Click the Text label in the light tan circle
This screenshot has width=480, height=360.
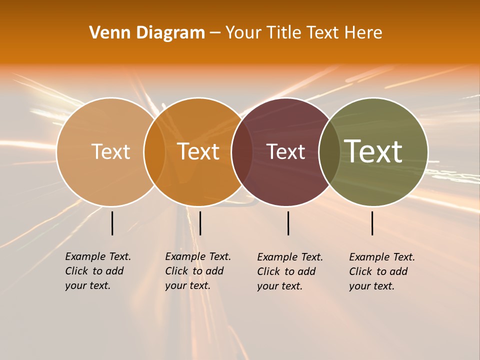coord(110,151)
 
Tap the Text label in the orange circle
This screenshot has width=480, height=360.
coord(198,151)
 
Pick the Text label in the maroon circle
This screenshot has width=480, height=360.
coord(285,151)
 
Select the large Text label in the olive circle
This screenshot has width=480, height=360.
coord(373,151)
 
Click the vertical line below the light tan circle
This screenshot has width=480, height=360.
coord(112,223)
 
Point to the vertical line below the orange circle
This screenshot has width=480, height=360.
coord(200,223)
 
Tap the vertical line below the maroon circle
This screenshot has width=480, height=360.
coord(288,223)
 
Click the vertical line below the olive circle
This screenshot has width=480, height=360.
coord(372,223)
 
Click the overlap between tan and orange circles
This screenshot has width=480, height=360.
coord(154,152)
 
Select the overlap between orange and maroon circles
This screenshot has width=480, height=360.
coord(242,152)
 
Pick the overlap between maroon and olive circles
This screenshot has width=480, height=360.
coord(329,152)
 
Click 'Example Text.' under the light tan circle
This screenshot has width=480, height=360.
coord(98,256)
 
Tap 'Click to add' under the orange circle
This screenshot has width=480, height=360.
coord(194,271)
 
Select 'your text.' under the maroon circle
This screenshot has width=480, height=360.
coord(279,286)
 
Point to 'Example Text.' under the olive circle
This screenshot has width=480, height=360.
coord(382,257)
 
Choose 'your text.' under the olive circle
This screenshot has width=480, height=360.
coord(371,286)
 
